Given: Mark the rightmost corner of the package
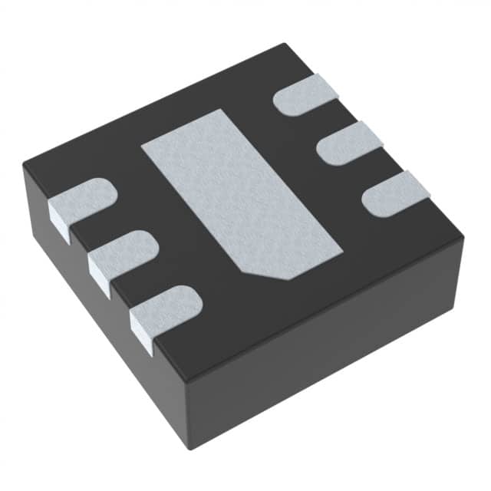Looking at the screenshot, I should point(465,235).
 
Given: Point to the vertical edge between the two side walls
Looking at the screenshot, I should point(187,414).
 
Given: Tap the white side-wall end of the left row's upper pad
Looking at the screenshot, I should point(60,222).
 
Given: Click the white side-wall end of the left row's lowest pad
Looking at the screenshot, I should point(142,330).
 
